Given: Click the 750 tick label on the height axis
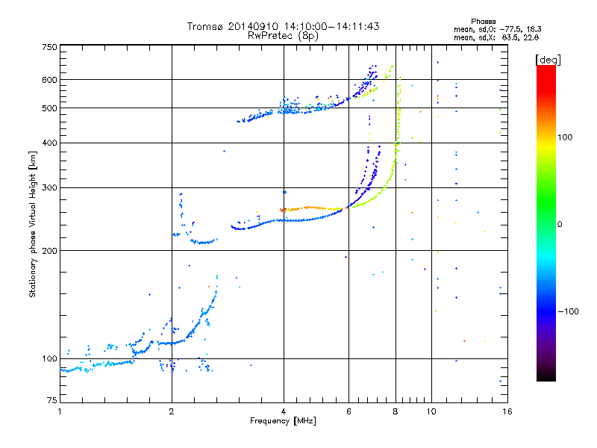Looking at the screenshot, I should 49,47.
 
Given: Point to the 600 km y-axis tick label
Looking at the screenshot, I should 49,80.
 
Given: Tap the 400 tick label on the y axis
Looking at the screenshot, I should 49,143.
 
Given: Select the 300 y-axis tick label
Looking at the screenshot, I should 49,187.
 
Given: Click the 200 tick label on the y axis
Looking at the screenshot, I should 49,251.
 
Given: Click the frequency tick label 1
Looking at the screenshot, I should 60,411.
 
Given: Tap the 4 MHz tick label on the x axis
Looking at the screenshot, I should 284,411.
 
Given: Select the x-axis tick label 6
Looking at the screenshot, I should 348,411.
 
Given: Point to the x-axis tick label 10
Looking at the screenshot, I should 431,411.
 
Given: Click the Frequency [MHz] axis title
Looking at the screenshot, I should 283,421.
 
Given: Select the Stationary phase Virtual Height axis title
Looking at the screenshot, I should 33,225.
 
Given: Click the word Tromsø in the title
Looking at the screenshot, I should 206,26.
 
